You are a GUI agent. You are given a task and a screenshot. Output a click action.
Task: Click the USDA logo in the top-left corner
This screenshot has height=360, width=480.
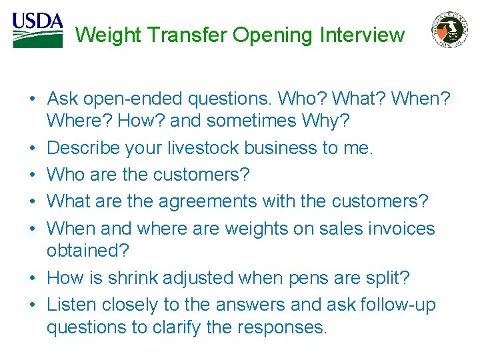click(x=37, y=29)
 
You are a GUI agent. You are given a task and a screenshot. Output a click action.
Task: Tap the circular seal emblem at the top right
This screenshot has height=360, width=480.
click(x=451, y=30)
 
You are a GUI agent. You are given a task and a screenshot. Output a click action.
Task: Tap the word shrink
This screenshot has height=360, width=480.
click(x=122, y=277)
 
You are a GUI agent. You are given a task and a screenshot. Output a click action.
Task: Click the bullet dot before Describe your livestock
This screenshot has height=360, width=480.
click(x=32, y=148)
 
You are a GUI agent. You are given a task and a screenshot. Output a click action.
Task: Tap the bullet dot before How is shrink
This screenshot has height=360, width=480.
click(x=32, y=277)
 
